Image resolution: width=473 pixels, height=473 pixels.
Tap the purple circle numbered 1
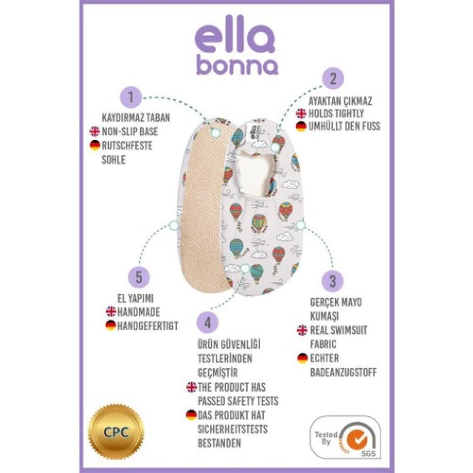(x=131, y=98)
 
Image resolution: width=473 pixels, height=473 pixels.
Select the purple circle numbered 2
(x=332, y=78)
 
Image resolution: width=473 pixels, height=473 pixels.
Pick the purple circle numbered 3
(x=332, y=281)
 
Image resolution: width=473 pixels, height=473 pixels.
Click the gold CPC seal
(x=116, y=432)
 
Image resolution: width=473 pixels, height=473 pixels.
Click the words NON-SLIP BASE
(x=130, y=132)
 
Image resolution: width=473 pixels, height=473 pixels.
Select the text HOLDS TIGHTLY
(x=336, y=113)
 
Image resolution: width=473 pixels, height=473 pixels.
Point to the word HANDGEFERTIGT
(x=148, y=326)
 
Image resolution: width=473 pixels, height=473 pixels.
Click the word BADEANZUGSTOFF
(x=343, y=372)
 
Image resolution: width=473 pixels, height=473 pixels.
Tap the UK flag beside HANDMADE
(x=111, y=312)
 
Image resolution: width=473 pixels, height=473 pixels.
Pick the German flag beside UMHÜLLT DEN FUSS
(x=302, y=127)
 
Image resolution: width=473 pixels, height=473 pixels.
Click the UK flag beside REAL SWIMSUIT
(x=302, y=330)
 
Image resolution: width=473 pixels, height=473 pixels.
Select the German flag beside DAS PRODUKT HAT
(x=191, y=414)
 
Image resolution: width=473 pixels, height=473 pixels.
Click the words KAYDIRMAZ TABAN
(x=136, y=117)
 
